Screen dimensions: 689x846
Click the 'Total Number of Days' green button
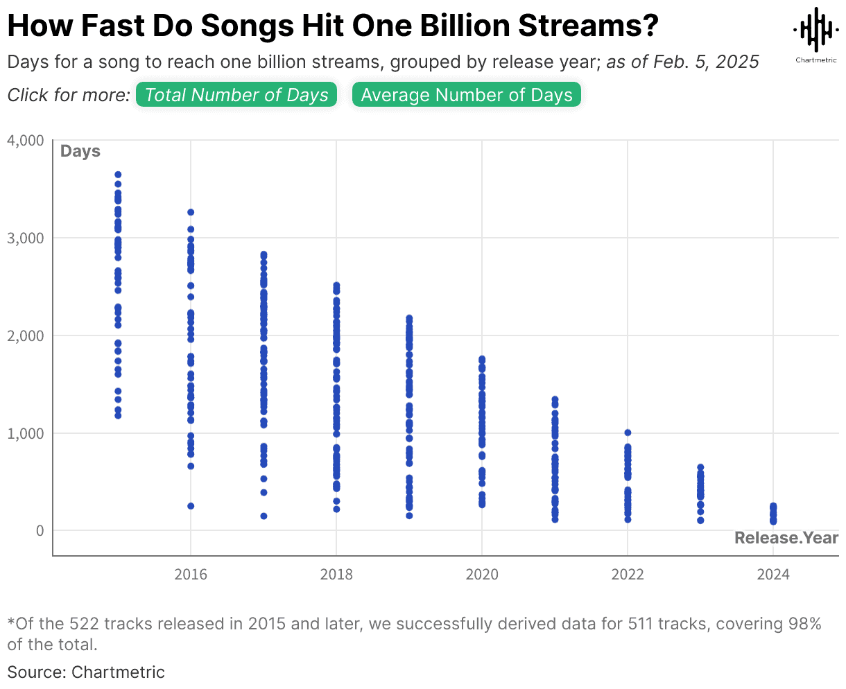tap(236, 95)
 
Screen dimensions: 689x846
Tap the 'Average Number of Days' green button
tap(467, 95)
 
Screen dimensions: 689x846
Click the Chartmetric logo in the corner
tap(815, 35)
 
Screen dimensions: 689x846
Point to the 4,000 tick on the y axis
tap(26, 141)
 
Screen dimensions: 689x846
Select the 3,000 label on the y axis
tap(26, 238)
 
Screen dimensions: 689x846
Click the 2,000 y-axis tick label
tap(26, 336)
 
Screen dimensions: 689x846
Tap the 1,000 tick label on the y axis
tap(26, 434)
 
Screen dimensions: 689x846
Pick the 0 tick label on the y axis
tap(40, 531)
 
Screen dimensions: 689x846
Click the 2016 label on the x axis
tap(191, 575)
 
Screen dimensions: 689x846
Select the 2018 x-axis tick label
tap(336, 575)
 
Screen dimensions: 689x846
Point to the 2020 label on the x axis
tap(482, 575)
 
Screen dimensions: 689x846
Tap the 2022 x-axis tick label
tap(628, 575)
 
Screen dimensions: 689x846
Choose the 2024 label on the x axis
tap(773, 575)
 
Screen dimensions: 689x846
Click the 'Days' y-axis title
tap(80, 151)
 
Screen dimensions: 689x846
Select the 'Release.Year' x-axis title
tap(786, 538)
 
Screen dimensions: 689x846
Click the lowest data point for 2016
tap(191, 506)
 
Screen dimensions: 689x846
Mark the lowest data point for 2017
tap(264, 516)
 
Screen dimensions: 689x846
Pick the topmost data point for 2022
tap(628, 433)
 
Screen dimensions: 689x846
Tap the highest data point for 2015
tap(118, 175)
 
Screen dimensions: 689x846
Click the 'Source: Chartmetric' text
tap(86, 672)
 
